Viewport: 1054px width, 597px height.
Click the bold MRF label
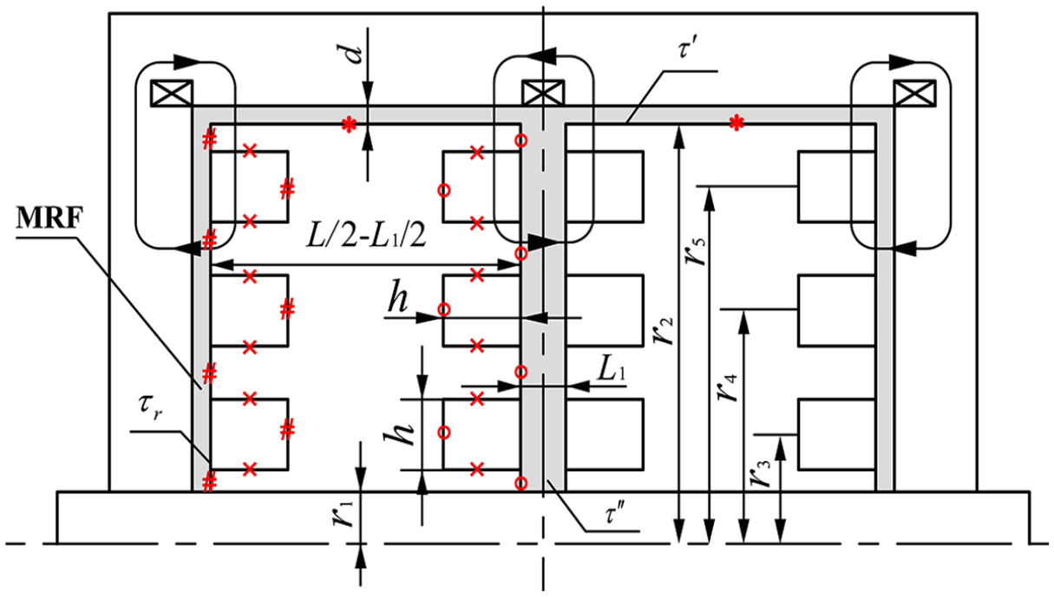(x=49, y=217)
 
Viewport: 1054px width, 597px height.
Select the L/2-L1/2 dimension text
(x=366, y=236)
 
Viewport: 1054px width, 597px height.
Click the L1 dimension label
(x=612, y=372)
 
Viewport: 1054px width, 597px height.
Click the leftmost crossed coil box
(x=172, y=93)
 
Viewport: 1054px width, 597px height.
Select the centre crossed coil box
(x=543, y=93)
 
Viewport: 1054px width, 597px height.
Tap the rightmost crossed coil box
(x=914, y=93)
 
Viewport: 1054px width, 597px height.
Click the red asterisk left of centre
(x=349, y=125)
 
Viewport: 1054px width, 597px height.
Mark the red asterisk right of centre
(x=736, y=123)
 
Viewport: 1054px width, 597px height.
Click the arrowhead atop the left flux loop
(x=187, y=62)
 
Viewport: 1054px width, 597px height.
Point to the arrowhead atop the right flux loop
(x=902, y=62)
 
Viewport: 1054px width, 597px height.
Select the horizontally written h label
(x=398, y=300)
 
